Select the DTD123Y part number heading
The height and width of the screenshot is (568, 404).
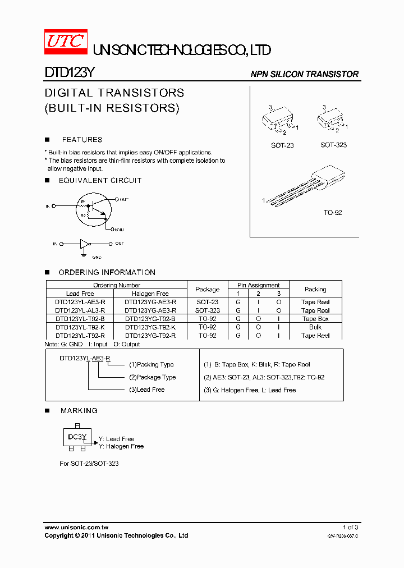coord(71,73)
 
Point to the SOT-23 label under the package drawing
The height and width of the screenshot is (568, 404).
coord(282,145)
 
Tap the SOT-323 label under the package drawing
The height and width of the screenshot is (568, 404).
coord(333,145)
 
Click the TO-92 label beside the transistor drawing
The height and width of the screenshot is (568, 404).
coord(332,213)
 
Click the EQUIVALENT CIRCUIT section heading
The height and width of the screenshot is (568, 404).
coord(100,181)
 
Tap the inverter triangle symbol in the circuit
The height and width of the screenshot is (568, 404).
coord(84,244)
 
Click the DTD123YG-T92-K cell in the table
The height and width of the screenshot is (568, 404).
coord(150,327)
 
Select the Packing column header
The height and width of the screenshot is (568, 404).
coord(315,290)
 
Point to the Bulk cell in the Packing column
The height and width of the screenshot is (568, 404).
coord(315,327)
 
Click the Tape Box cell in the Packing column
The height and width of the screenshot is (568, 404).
coord(315,319)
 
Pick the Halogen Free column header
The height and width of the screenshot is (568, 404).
coord(150,294)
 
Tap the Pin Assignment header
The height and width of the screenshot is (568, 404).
coord(258,285)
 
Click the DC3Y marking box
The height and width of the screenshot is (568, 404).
coord(77,437)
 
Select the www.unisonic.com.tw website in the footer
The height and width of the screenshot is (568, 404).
coord(76,528)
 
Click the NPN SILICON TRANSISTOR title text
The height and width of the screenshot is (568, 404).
coord(304,74)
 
